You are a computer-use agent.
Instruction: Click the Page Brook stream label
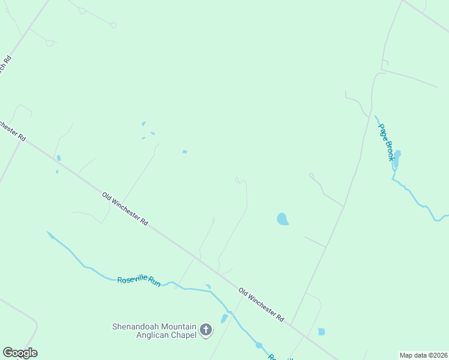(386, 142)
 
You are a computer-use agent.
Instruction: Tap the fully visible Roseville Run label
(139, 280)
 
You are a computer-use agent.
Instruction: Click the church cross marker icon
(206, 329)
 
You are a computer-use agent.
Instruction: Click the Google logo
(20, 353)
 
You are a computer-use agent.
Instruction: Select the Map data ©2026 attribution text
(423, 355)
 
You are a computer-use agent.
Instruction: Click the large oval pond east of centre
(282, 219)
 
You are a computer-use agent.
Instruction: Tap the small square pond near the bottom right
(321, 331)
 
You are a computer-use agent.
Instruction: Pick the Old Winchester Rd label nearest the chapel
(261, 304)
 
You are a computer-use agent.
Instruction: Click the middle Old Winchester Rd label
(125, 208)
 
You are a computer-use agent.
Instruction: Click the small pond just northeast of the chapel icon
(224, 319)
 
